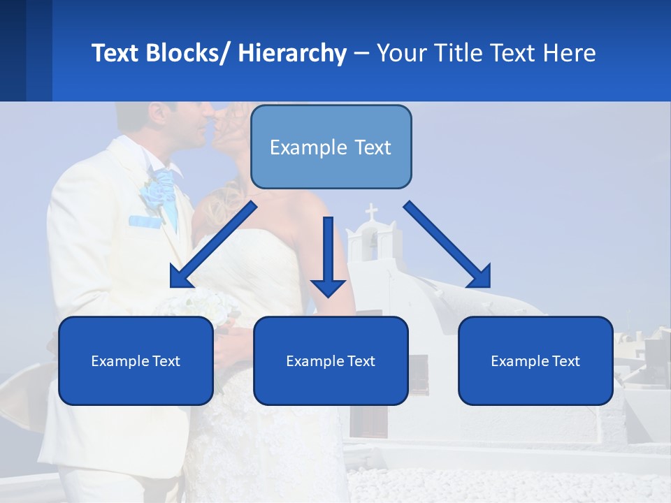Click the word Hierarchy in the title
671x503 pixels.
[291, 53]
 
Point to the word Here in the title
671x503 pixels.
[570, 53]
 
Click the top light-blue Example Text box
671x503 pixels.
[331, 147]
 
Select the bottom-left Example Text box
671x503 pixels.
[136, 361]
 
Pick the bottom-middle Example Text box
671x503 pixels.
[331, 361]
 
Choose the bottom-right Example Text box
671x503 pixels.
[535, 361]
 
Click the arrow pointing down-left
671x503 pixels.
[211, 245]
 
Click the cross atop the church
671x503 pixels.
[371, 212]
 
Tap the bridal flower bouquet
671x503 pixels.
[203, 307]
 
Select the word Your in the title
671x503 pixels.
[401, 53]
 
